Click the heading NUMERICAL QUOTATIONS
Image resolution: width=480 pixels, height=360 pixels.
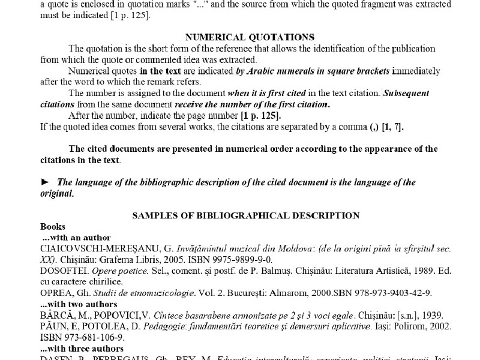pyautogui.click(x=250, y=37)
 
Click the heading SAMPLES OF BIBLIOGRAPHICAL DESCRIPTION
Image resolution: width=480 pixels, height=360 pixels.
pyautogui.click(x=245, y=215)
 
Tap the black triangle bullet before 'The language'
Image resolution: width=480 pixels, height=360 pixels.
pyautogui.click(x=44, y=182)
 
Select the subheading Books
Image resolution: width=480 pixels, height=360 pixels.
pyautogui.click(x=53, y=227)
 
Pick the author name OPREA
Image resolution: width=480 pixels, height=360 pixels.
pyautogui.click(x=56, y=293)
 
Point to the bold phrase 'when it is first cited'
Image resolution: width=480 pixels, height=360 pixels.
pyautogui.click(x=266, y=93)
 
